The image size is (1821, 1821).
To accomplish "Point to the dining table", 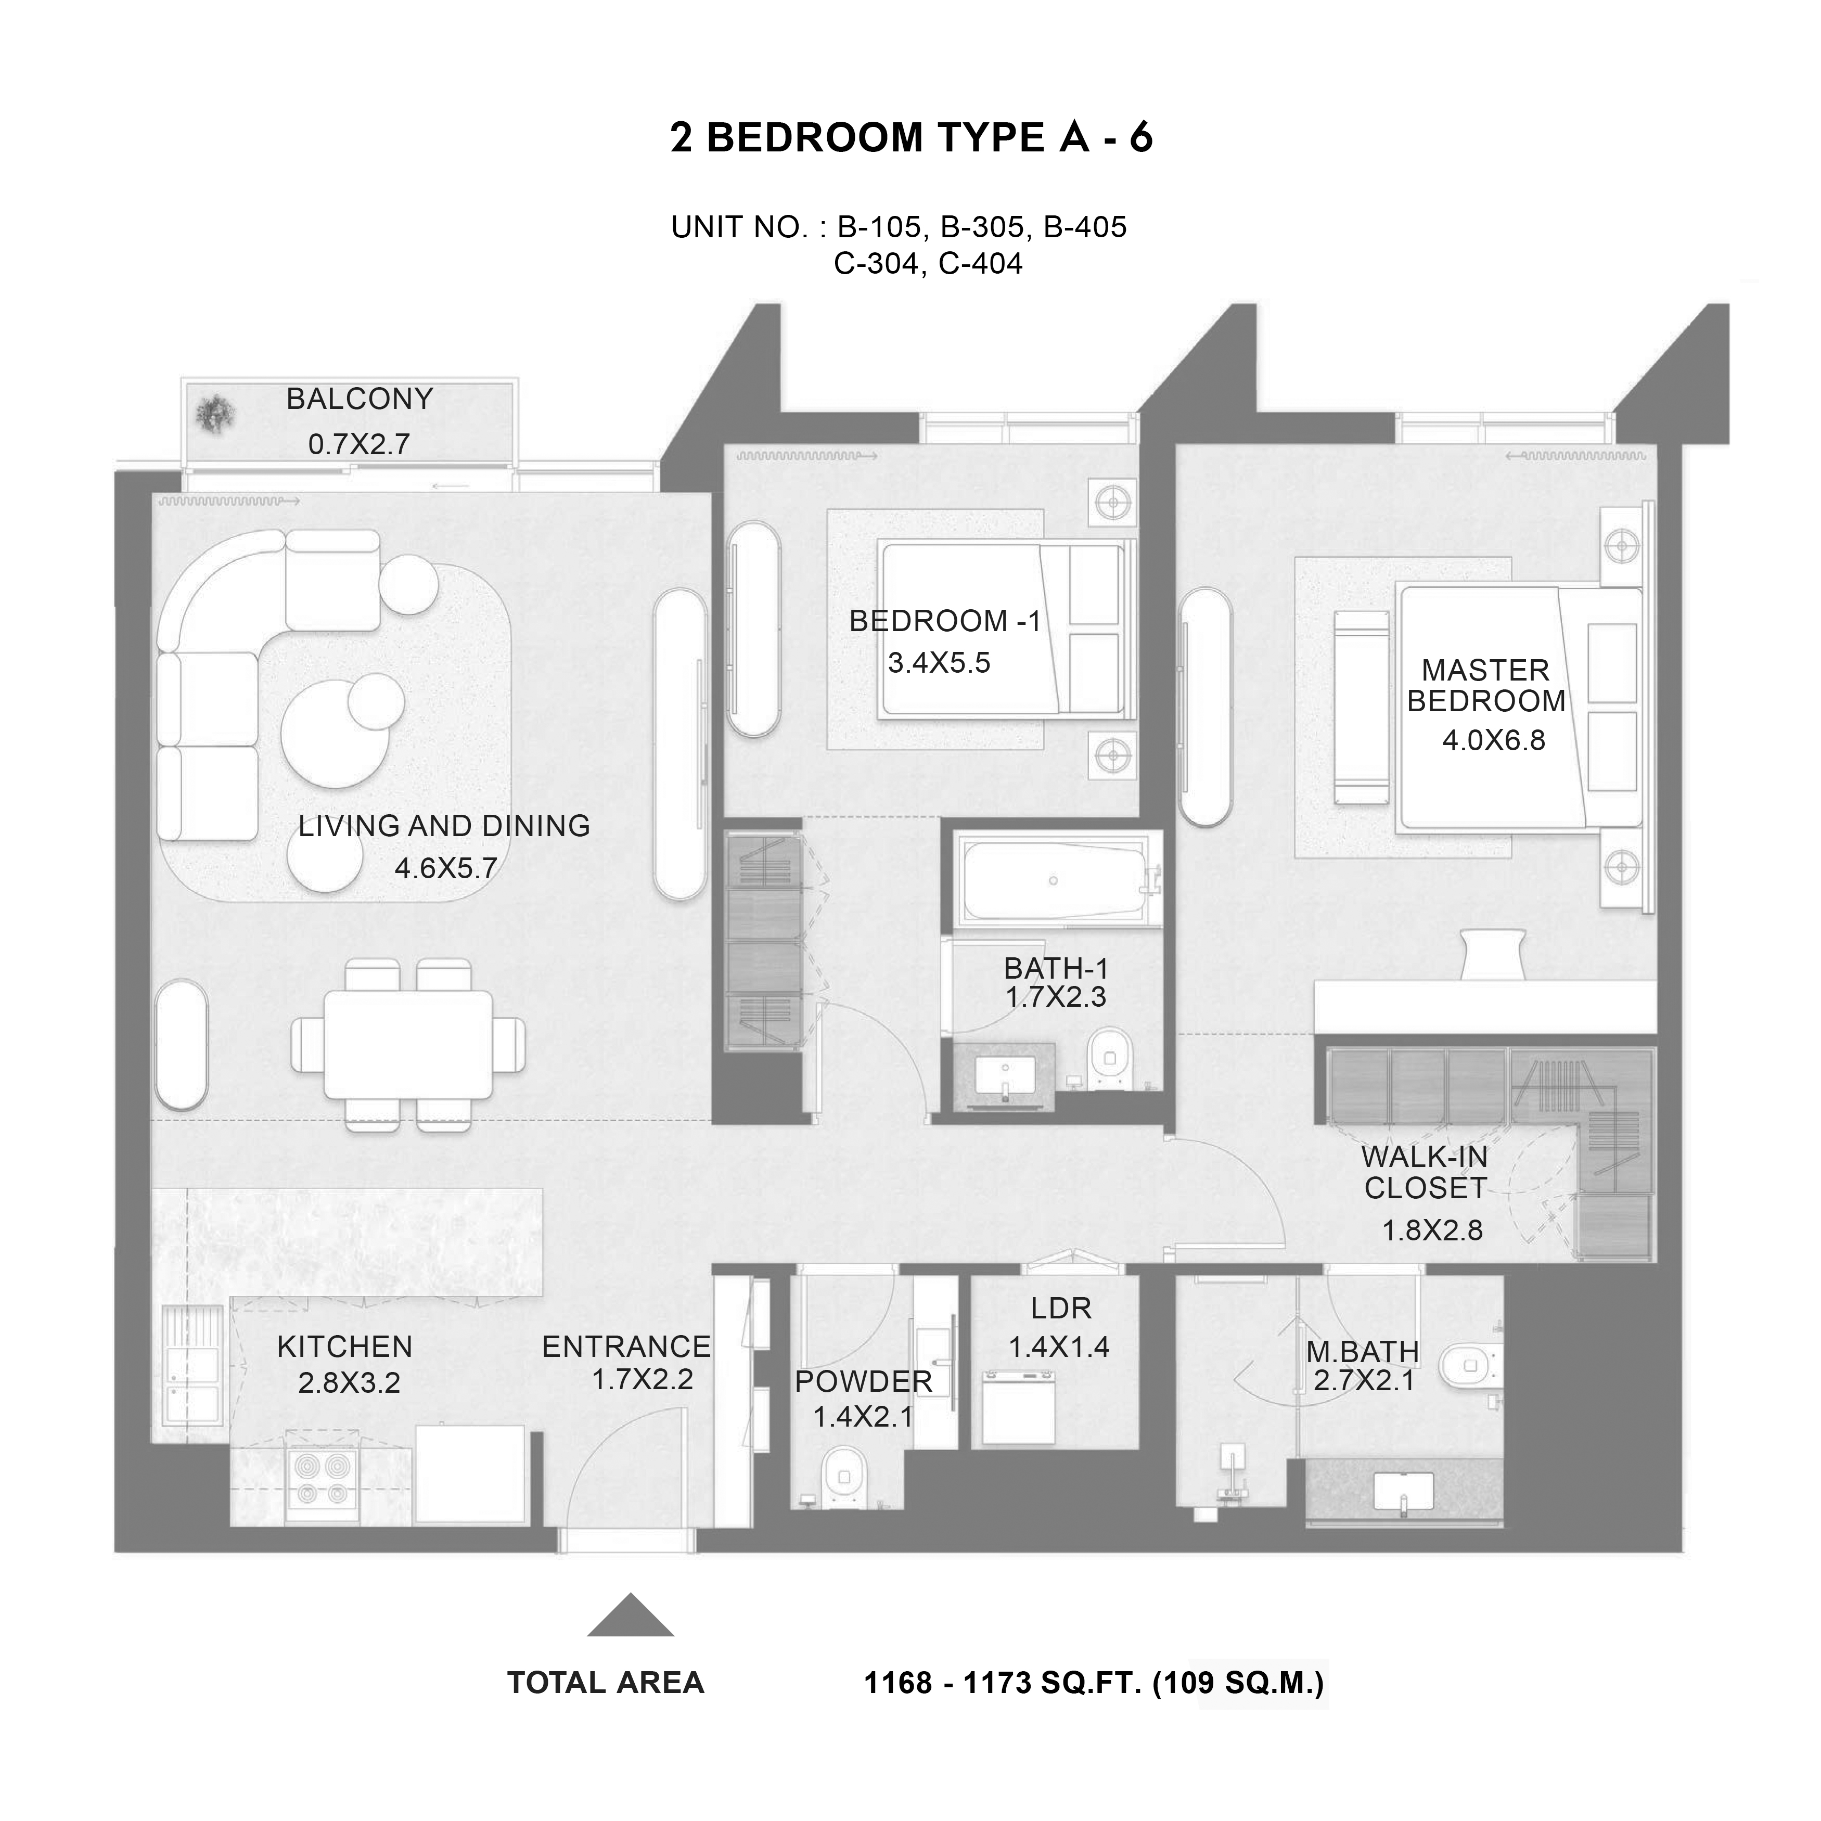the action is coord(408,1044).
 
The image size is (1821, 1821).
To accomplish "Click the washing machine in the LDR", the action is coord(1018,1409).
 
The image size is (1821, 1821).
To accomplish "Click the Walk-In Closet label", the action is coord(1425,1173).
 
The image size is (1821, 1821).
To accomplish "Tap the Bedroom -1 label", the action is coord(945,621).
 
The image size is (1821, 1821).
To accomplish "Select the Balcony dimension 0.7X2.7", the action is coord(359,444).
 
